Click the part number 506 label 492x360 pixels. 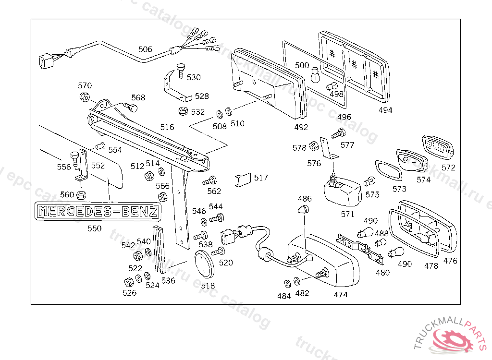click(x=145, y=49)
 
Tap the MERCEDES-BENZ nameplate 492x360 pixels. click(x=98, y=212)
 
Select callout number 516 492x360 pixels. click(x=167, y=127)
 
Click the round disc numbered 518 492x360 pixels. click(x=205, y=265)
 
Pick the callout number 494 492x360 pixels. click(x=385, y=110)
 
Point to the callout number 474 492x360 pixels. click(x=340, y=295)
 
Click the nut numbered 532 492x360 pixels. click(x=182, y=112)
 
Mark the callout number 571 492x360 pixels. click(x=347, y=215)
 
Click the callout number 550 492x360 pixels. click(x=95, y=228)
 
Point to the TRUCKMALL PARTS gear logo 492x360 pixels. click(x=452, y=336)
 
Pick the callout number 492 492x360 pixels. click(x=301, y=127)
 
